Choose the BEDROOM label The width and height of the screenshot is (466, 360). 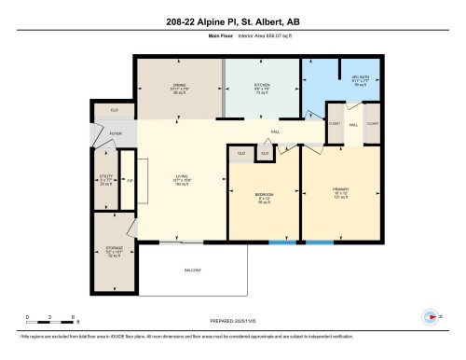[264, 194]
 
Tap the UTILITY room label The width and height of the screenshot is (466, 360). [105, 179]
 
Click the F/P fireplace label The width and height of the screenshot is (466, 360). [130, 179]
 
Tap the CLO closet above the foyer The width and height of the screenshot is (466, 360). [115, 110]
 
